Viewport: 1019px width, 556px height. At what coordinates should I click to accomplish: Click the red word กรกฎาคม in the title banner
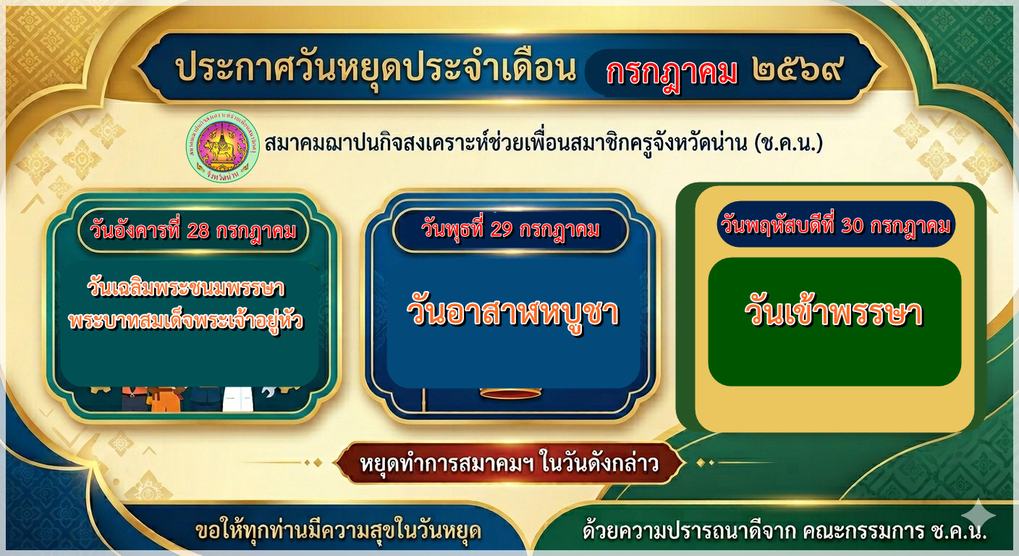(x=672, y=73)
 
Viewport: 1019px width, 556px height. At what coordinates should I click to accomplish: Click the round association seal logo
(x=223, y=146)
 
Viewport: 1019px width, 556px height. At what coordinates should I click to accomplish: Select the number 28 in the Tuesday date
(x=198, y=231)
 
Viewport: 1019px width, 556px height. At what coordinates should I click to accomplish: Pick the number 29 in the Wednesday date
(x=502, y=229)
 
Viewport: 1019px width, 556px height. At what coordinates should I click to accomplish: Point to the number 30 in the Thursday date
(x=853, y=224)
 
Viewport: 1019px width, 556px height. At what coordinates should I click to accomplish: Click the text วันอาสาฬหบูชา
(x=512, y=313)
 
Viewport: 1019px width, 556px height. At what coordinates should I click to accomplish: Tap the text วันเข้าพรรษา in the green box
(x=834, y=313)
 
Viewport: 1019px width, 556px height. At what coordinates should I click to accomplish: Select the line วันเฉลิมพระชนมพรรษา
(x=186, y=288)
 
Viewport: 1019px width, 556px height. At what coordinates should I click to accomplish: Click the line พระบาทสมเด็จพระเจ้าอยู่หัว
(x=186, y=320)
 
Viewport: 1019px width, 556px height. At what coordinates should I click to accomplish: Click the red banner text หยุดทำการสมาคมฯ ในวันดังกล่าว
(x=509, y=463)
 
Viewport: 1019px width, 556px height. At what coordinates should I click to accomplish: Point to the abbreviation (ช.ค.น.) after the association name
(x=789, y=143)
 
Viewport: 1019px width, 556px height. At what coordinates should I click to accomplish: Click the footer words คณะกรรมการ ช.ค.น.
(x=895, y=531)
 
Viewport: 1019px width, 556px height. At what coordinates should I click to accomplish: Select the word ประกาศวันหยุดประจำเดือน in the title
(x=376, y=69)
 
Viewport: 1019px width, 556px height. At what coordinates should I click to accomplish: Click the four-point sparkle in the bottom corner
(x=981, y=514)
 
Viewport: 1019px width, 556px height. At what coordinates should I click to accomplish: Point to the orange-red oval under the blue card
(x=511, y=392)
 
